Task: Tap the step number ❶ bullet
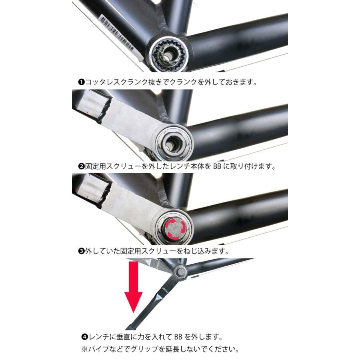pyautogui.click(x=80, y=82)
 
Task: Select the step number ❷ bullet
pyautogui.click(x=80, y=166)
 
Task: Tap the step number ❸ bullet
pyautogui.click(x=80, y=251)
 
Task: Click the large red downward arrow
pyautogui.click(x=134, y=292)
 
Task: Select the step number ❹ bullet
pyautogui.click(x=84, y=336)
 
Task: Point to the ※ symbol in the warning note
pyautogui.click(x=84, y=349)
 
